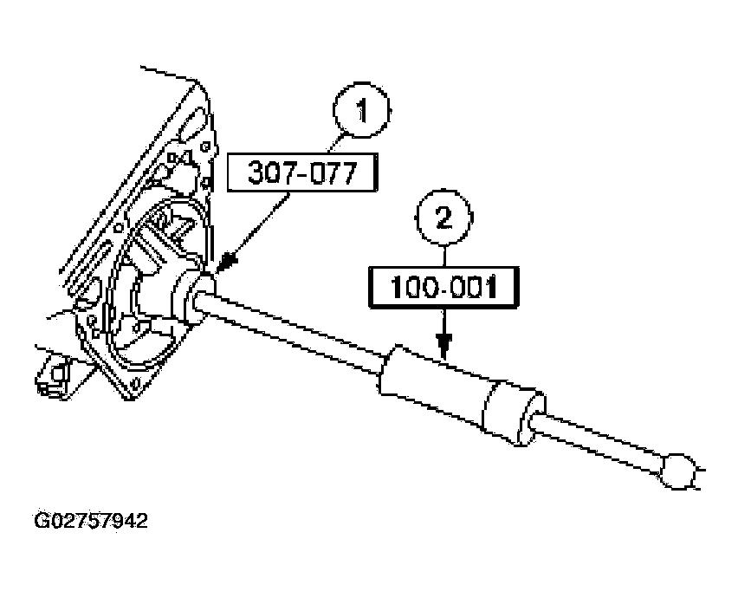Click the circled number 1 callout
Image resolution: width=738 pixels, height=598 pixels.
[x=361, y=111]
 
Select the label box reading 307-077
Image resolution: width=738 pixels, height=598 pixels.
[x=302, y=172]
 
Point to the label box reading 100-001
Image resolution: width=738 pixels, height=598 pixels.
[x=443, y=287]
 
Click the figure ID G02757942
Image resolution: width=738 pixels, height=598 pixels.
[x=91, y=521]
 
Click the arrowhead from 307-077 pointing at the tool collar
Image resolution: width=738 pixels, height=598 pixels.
[x=229, y=262]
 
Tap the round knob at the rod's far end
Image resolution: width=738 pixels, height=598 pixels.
[x=677, y=471]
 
